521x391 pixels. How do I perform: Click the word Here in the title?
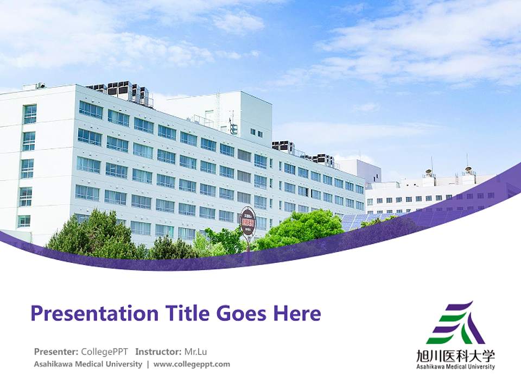pos(297,314)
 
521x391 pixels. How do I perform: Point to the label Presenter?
pos(56,351)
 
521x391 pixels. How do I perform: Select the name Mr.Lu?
pos(195,351)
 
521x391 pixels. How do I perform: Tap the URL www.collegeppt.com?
pos(192,364)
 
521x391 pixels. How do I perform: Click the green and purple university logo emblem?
pos(455,323)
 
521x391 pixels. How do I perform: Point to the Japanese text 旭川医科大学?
pos(455,356)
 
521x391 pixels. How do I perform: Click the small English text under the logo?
pos(455,367)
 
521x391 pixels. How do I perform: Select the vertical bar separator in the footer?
pos(148,364)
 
